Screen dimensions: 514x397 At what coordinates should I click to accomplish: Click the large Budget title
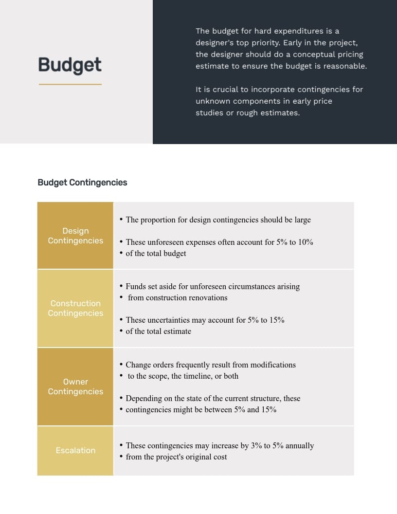point(70,65)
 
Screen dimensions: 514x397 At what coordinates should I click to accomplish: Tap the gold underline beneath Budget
point(70,84)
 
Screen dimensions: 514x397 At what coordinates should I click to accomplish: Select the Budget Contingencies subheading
point(82,183)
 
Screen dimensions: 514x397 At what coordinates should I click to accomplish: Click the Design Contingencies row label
point(75,236)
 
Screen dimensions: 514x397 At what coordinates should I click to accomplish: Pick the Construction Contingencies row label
point(75,308)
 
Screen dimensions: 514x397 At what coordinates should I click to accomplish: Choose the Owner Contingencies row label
point(75,386)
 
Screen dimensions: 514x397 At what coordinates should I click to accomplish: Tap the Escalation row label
point(75,450)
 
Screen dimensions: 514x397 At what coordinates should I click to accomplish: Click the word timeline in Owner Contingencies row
point(200,376)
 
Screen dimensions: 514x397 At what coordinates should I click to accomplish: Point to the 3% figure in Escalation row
point(256,445)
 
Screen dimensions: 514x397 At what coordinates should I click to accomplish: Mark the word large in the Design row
point(303,220)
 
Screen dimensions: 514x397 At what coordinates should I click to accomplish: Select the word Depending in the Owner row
point(144,398)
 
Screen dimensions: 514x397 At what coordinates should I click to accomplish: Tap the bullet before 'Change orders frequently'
point(121,364)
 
